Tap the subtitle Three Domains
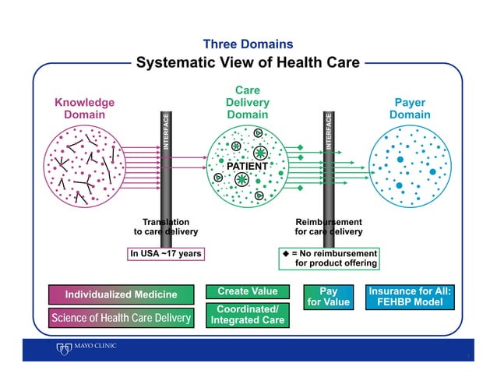coord(248,44)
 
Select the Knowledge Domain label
coord(84,108)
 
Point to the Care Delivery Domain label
coord(248,102)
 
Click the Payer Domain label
coord(411,108)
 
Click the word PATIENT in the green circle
coord(247,167)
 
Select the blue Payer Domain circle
coord(410,167)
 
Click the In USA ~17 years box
coord(166,253)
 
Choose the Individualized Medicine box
coord(121,294)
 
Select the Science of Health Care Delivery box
coord(121,318)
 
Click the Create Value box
coord(248,291)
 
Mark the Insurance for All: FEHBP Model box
coord(411,297)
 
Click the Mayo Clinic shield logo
coord(62,348)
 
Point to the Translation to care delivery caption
coord(166,227)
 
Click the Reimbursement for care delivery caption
coord(329,227)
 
